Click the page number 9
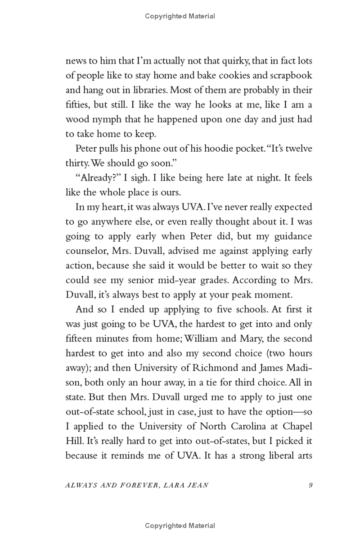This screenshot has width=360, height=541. pyautogui.click(x=310, y=485)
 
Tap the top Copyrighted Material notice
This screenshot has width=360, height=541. pyautogui.click(x=180, y=16)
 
